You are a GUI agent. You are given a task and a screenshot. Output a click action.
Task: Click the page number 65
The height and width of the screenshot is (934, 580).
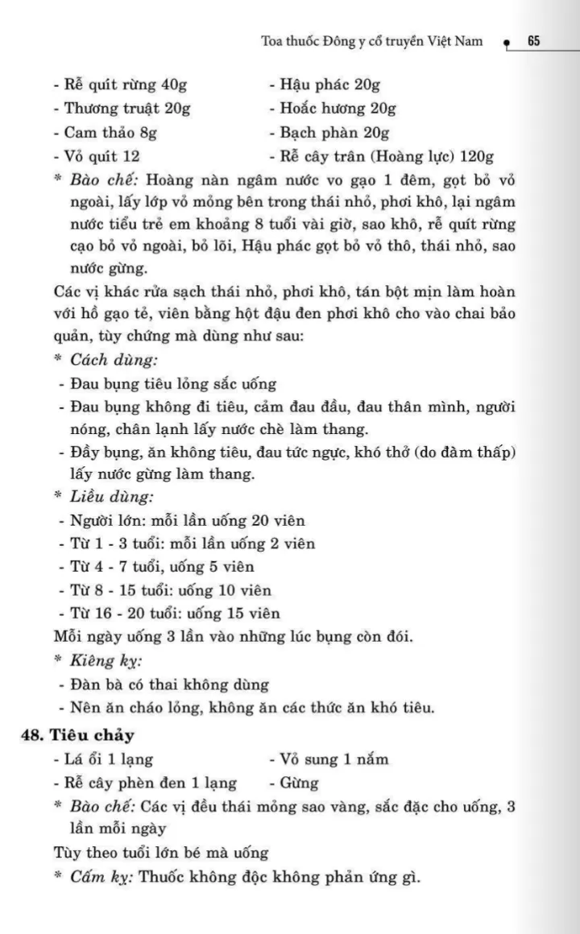(533, 41)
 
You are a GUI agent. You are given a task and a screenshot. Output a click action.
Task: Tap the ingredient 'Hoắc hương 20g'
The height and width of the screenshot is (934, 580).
(332, 109)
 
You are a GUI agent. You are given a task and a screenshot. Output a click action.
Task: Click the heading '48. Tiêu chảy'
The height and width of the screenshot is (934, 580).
(77, 734)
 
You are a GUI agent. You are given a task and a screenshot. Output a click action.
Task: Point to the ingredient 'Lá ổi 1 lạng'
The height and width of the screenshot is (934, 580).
(103, 758)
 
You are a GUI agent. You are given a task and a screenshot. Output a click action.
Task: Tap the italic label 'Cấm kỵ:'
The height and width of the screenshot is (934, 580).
(101, 876)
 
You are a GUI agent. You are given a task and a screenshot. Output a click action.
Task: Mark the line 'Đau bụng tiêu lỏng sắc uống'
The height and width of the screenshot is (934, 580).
(167, 383)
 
